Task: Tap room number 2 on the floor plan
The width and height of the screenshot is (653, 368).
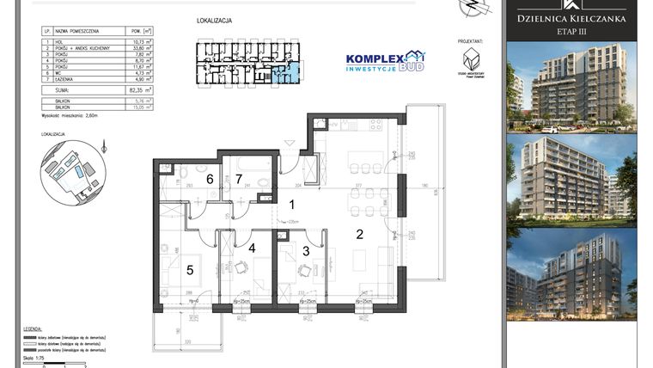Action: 360,233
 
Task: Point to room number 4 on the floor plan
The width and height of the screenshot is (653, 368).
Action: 252,249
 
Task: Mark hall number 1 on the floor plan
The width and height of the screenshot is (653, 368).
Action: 292,205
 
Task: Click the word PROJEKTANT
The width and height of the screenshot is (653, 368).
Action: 470,40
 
